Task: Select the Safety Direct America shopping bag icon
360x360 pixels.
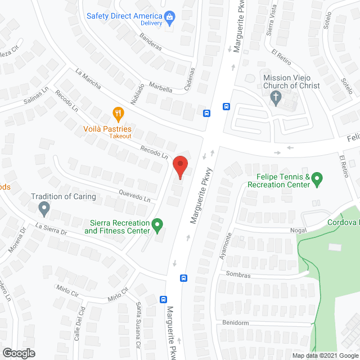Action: (169, 17)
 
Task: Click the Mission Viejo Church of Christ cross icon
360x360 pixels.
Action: (276, 98)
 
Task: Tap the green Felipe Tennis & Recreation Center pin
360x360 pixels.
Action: (317, 179)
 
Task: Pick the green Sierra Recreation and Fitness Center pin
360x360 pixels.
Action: (158, 226)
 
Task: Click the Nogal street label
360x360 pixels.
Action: (298, 229)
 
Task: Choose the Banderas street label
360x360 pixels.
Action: (150, 43)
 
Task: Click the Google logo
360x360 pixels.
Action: (18, 353)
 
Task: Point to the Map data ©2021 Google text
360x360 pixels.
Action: (324, 355)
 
